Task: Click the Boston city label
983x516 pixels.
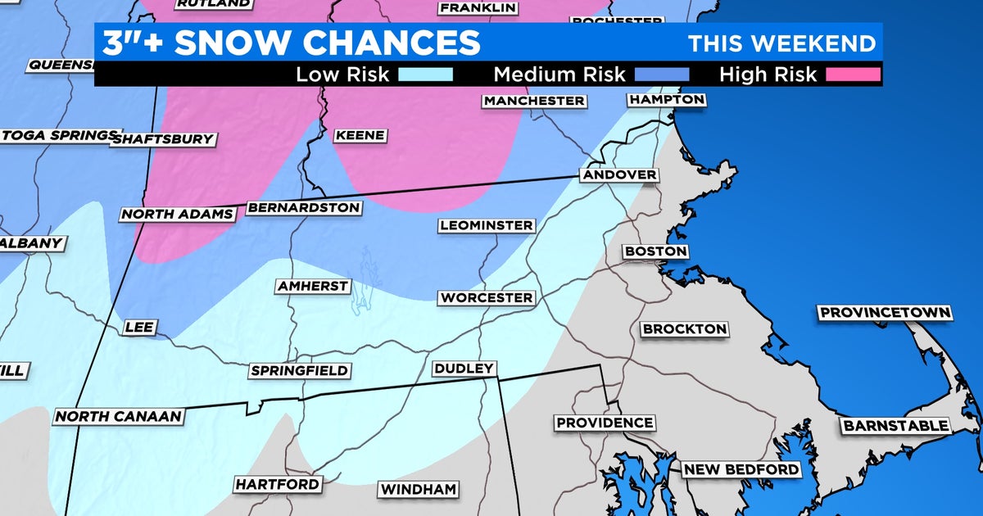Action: click(655, 251)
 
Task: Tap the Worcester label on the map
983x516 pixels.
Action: click(486, 298)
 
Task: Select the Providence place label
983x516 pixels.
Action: click(605, 423)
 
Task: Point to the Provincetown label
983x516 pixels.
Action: click(885, 313)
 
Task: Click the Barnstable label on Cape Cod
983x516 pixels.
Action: click(895, 425)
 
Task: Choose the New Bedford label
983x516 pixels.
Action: click(741, 469)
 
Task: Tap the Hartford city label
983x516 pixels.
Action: click(277, 484)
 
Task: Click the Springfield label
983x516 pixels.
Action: click(300, 371)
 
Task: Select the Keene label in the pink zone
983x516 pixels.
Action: click(360, 135)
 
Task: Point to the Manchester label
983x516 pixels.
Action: click(534, 101)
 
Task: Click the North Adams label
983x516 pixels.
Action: click(178, 215)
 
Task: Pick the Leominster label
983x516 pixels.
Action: click(487, 225)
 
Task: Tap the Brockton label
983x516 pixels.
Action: click(685, 328)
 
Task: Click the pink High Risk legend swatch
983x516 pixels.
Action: click(853, 75)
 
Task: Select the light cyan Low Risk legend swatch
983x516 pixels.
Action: click(426, 75)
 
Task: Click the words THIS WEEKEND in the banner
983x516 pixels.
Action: click(781, 43)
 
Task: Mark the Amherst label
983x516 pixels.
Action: click(313, 286)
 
